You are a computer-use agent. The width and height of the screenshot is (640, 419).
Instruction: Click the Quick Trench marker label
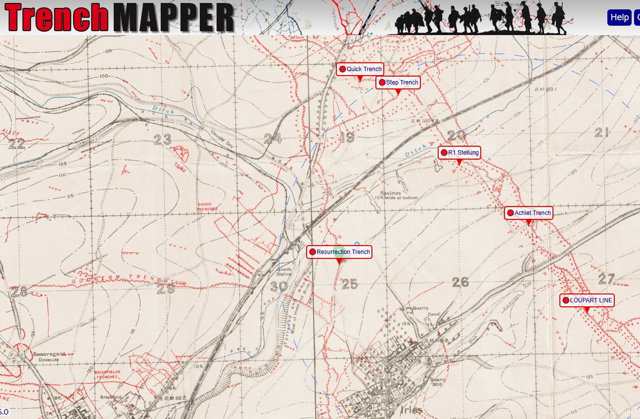360,69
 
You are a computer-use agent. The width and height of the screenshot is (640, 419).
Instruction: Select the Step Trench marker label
398,83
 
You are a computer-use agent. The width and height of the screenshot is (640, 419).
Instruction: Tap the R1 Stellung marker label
459,153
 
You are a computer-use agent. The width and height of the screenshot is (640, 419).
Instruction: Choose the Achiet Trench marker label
528,213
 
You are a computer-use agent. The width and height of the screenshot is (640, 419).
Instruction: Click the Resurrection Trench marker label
339,252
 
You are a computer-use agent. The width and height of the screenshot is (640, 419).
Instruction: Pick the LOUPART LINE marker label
587,300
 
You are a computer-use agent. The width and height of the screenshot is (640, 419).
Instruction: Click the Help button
619,17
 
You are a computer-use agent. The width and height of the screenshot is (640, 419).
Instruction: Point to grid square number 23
162,140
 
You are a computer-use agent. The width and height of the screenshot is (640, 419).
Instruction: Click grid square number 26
460,282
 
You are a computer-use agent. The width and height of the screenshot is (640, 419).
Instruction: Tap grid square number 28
19,292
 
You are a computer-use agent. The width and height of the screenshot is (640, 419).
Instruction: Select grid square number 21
601,132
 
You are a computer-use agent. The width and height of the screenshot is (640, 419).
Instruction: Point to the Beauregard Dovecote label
49,357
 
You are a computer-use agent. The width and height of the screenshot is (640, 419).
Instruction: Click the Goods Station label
284,271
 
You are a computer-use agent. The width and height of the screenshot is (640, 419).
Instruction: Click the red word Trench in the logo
57,18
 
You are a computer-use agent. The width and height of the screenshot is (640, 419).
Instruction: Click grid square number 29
166,288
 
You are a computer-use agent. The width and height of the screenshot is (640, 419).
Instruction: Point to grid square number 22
16,144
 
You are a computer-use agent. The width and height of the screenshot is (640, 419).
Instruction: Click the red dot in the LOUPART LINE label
566,300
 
